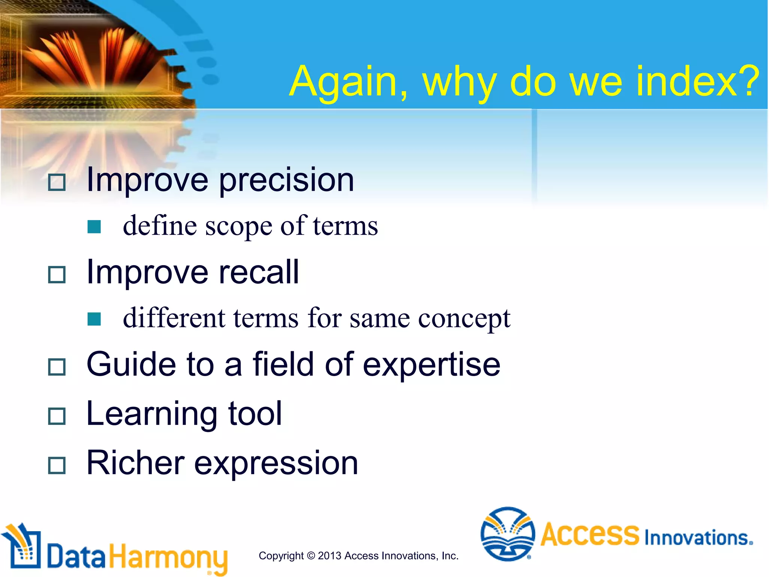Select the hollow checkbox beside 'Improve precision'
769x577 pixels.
[57, 182]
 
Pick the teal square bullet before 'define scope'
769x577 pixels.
[94, 227]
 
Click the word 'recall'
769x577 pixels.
[259, 272]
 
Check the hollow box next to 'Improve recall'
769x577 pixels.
[57, 275]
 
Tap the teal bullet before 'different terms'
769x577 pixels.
[94, 319]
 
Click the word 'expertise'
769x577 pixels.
[431, 364]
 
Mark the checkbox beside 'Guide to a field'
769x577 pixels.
[57, 367]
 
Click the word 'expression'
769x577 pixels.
[276, 464]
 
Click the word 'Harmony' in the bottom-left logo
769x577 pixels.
[168, 557]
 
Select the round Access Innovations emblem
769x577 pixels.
[508, 534]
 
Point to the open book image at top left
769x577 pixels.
[94, 56]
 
